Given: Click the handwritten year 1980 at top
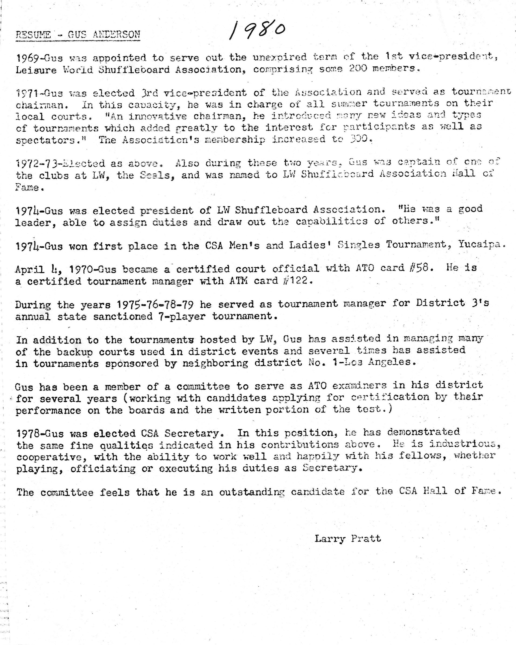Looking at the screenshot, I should pos(257,30).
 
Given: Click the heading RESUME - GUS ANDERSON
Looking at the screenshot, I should pos(78,35).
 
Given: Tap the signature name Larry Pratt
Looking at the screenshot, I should pos(348,539).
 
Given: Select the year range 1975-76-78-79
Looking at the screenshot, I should pos(155,304).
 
